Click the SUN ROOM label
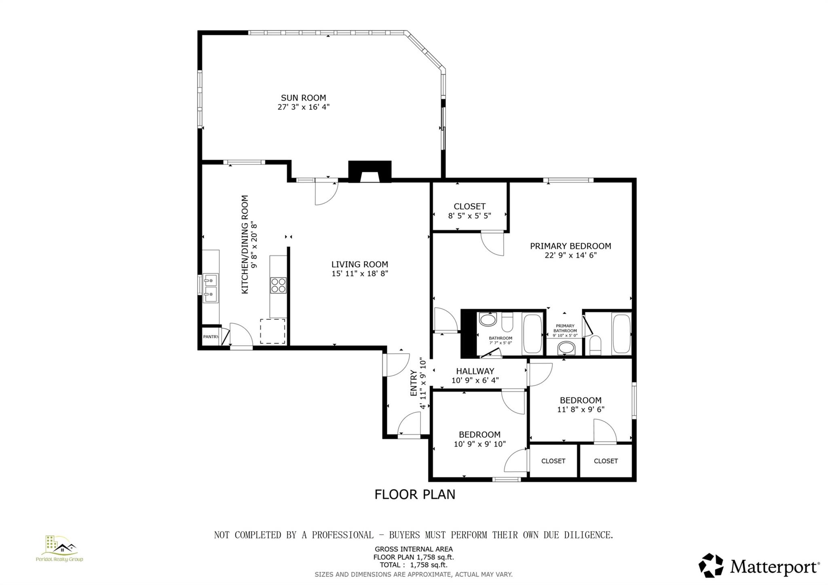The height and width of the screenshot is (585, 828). click(303, 98)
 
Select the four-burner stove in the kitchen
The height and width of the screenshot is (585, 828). click(278, 285)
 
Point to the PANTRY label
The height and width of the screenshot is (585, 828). click(211, 337)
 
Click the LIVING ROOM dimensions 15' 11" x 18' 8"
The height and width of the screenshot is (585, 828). click(360, 274)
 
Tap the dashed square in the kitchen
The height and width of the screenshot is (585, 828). click(272, 331)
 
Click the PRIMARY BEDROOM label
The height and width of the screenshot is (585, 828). click(570, 246)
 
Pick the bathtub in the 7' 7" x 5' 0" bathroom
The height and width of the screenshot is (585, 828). click(532, 333)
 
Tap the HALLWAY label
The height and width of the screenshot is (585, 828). click(475, 371)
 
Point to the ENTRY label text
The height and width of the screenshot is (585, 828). click(414, 383)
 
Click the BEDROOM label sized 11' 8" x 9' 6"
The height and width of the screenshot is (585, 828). click(581, 400)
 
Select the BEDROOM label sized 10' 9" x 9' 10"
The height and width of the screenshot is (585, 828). click(479, 435)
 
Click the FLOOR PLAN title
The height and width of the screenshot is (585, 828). click(414, 494)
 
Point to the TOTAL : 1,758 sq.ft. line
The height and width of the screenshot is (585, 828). click(413, 565)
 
